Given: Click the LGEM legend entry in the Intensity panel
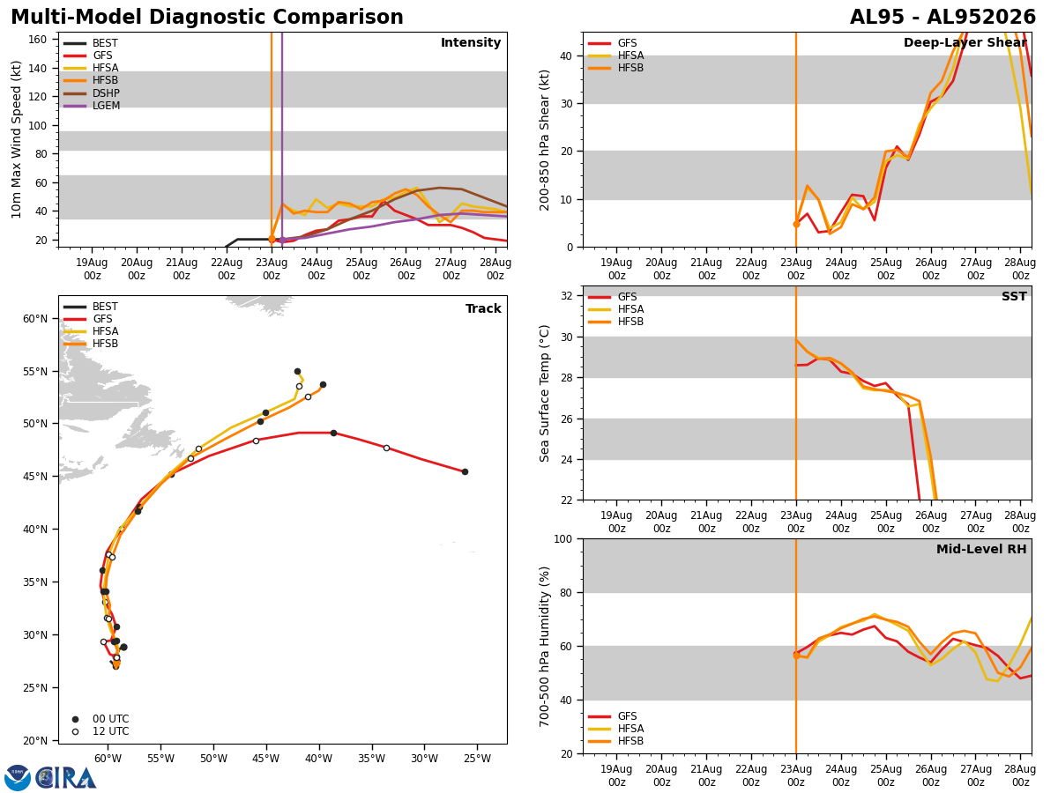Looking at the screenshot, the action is [92, 106].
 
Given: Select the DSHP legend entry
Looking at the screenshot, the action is [92, 93].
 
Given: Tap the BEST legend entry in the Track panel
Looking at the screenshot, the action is [91, 307].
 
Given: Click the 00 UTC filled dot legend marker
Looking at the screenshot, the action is [75, 719].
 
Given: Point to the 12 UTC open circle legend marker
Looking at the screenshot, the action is [75, 732].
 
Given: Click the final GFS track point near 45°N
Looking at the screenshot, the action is [466, 472].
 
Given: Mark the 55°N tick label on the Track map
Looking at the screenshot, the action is [35, 372].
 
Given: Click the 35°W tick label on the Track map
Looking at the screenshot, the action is [372, 759].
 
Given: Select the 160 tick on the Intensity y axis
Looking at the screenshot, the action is [38, 40].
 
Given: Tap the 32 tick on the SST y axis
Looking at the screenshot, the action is [567, 296].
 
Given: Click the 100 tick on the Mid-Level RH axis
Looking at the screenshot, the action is [563, 539].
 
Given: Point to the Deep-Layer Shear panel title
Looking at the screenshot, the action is [965, 43].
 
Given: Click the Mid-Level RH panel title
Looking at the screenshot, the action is [981, 549].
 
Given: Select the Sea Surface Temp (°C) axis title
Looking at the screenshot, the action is [544, 394].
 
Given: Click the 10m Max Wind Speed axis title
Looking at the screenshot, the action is [16, 139].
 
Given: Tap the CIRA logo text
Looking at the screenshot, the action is [65, 778].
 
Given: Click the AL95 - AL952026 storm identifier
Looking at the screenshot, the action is [943, 18].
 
